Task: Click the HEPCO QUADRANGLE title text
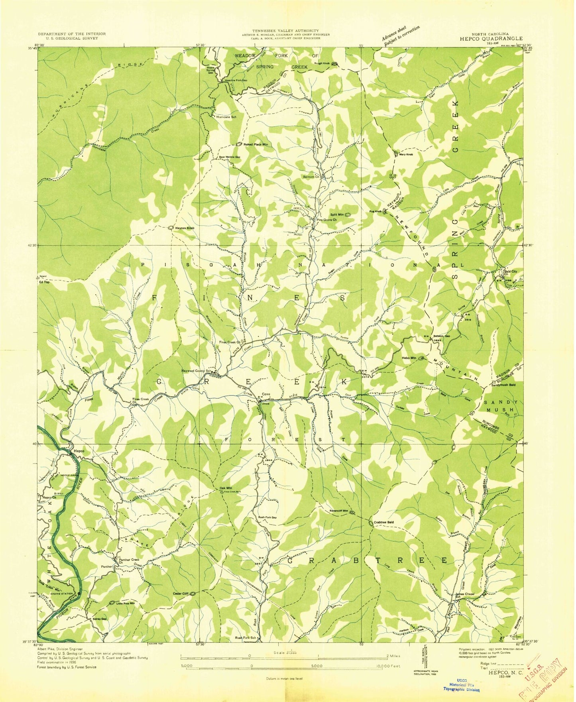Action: tap(491, 39)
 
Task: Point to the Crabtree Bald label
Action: tap(384, 522)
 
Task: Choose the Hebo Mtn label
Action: tap(408, 358)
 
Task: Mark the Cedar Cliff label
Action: tap(180, 594)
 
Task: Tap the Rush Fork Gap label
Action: tap(267, 517)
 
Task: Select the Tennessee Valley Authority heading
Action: tap(285, 30)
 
